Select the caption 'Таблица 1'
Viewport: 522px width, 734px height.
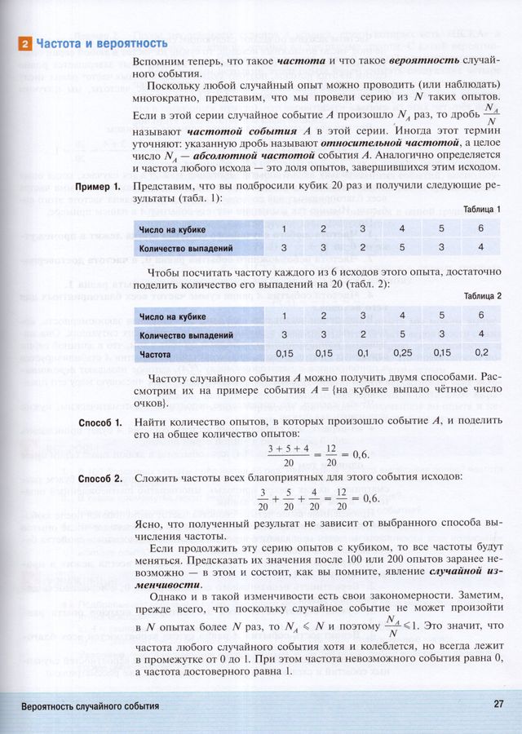[x=482, y=210]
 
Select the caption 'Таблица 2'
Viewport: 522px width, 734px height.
[x=482, y=295]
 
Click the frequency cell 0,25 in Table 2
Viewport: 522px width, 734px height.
[x=402, y=354]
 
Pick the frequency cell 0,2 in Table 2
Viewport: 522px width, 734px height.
[x=481, y=354]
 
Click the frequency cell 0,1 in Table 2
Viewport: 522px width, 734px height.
[x=363, y=354]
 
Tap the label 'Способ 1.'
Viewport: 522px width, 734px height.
[x=100, y=422]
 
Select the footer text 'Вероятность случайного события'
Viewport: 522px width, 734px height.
[x=91, y=706]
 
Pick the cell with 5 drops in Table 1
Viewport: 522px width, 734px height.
[x=402, y=247]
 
